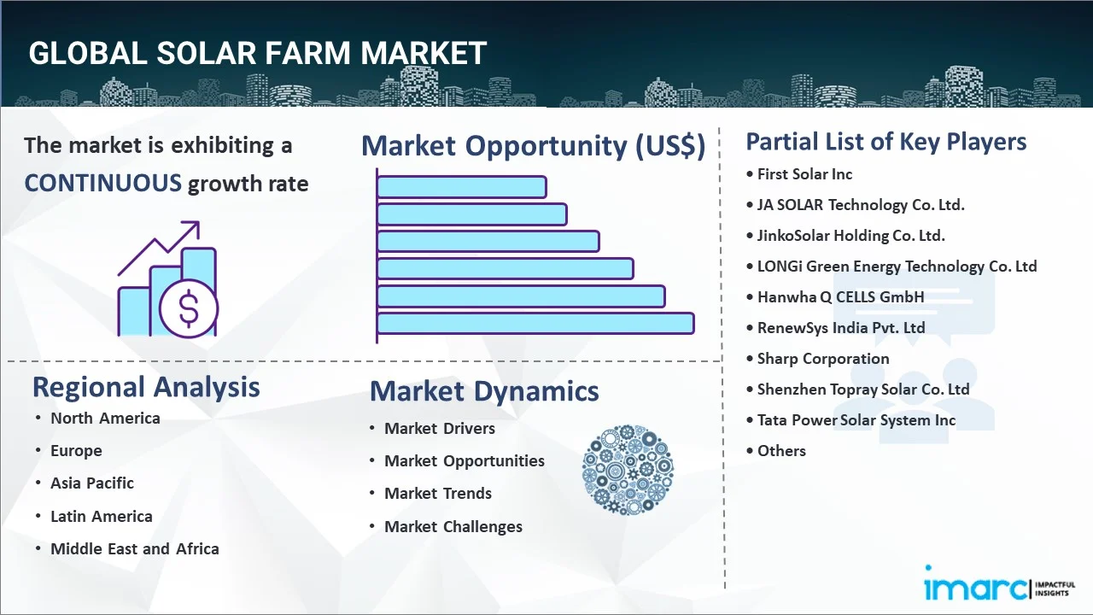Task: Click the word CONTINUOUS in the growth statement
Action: click(103, 184)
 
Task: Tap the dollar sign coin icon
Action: click(189, 309)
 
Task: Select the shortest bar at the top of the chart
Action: click(462, 187)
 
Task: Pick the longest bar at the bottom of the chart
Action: click(535, 323)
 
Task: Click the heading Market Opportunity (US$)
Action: click(534, 146)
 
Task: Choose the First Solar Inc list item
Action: click(804, 174)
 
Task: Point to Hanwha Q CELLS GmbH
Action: click(840, 296)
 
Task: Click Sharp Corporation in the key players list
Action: click(822, 358)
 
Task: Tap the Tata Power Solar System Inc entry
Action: click(856, 419)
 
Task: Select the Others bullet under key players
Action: click(781, 450)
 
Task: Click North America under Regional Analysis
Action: click(105, 419)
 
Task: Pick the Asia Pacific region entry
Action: click(92, 483)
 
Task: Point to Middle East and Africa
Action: click(135, 548)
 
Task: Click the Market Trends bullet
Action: click(438, 494)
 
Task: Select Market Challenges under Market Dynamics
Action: click(453, 527)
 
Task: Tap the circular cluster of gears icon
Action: click(628, 470)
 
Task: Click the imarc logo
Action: click(1000, 583)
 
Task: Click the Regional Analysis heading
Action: click(146, 387)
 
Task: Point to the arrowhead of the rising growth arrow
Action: click(194, 226)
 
